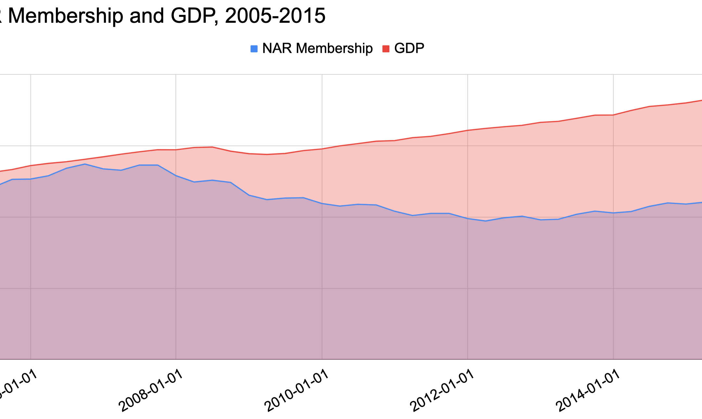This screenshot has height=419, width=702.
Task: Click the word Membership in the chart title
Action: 65,16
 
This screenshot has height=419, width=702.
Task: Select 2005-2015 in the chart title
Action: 275,16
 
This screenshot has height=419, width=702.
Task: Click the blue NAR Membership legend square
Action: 254,49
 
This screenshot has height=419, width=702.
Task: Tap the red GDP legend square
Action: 386,49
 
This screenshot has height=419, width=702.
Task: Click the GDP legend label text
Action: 409,48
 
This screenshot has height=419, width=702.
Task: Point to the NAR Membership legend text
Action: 317,48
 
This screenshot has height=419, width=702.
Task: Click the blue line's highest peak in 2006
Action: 85,164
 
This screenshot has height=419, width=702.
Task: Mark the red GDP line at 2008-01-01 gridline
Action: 176,150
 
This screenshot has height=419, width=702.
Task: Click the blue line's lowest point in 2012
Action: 486,221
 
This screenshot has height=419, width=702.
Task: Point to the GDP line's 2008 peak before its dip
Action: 212,147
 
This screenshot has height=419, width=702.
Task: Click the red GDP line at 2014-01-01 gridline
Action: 613,115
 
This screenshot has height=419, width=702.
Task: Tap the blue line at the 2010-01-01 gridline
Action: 322,204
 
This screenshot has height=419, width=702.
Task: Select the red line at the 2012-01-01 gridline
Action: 468,130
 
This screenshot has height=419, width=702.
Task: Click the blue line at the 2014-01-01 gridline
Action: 613,213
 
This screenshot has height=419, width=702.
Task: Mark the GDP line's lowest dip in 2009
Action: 267,154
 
